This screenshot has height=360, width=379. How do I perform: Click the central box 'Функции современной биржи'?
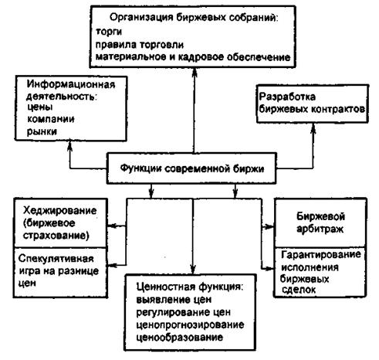pos(191,168)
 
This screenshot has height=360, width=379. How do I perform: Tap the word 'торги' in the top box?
pos(109,32)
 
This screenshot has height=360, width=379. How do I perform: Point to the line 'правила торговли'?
pos(140,45)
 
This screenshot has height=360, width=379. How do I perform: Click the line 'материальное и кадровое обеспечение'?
pos(193,57)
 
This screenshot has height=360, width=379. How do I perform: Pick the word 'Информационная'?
pos(71,84)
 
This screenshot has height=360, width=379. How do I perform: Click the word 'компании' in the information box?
pos(51,119)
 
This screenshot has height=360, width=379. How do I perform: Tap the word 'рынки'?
pos(42,131)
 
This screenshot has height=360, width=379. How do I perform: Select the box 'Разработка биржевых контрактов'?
pos(313,104)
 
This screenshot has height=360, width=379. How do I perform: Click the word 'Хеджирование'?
pos(59,210)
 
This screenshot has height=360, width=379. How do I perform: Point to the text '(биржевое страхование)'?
pos(56,229)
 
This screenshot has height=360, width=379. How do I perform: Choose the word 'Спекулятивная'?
pos(56,259)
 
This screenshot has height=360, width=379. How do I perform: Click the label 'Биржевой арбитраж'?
pos(320,222)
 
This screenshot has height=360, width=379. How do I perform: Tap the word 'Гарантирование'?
pos(321,255)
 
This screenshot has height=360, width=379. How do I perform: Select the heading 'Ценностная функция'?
pos(189,287)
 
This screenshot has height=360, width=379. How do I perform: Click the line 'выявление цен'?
pos(174,300)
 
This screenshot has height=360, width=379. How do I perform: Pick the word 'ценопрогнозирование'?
pos(190,324)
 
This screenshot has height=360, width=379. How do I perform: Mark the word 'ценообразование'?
pos(179,337)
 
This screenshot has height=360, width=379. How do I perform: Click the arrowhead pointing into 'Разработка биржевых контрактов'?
pos(313,128)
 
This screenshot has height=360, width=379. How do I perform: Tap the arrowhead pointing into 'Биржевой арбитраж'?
pos(270,227)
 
